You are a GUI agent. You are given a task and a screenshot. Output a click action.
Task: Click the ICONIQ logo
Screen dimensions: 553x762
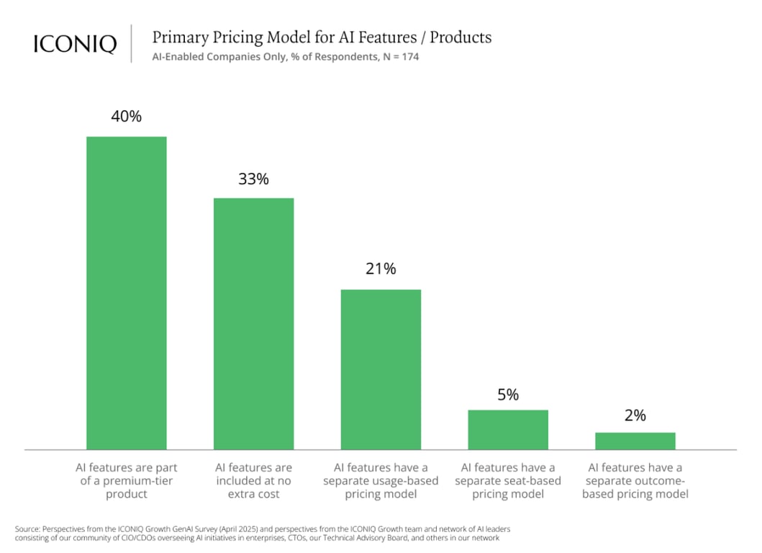pyautogui.click(x=75, y=44)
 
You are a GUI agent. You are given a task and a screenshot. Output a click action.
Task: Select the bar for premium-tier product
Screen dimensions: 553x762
pyautogui.click(x=127, y=293)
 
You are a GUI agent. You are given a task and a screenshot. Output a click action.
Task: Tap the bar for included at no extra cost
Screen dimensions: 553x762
pyautogui.click(x=253, y=324)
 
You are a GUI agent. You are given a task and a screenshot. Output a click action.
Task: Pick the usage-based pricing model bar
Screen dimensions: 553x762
pyautogui.click(x=381, y=369)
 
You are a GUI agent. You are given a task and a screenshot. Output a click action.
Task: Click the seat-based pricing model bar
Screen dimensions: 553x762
pyautogui.click(x=508, y=430)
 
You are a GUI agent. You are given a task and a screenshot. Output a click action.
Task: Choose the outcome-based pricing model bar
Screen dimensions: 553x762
pyautogui.click(x=635, y=441)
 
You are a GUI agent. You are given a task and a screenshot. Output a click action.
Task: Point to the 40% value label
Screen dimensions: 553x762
pyautogui.click(x=127, y=116)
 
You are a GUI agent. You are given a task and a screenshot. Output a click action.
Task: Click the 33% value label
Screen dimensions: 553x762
pyautogui.click(x=253, y=179)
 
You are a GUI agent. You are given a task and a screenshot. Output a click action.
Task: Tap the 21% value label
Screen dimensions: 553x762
pyautogui.click(x=381, y=269)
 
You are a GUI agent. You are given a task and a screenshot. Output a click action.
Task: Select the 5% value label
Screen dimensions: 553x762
pyautogui.click(x=508, y=395)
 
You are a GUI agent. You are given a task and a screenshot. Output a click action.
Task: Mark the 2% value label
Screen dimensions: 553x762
pyautogui.click(x=635, y=415)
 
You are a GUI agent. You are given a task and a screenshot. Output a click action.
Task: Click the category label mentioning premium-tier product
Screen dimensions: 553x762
pyautogui.click(x=127, y=481)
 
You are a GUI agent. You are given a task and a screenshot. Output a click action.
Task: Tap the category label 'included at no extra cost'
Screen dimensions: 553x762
pyautogui.click(x=253, y=481)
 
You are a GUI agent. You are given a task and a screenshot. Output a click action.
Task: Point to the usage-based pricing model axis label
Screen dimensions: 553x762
pyautogui.click(x=381, y=481)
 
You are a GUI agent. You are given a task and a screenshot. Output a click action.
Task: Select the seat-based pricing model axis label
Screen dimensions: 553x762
pyautogui.click(x=508, y=481)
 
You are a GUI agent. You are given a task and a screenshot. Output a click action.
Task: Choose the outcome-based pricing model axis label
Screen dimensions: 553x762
pyautogui.click(x=635, y=481)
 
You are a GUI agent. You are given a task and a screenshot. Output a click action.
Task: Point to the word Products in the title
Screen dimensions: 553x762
pyautogui.click(x=461, y=37)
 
